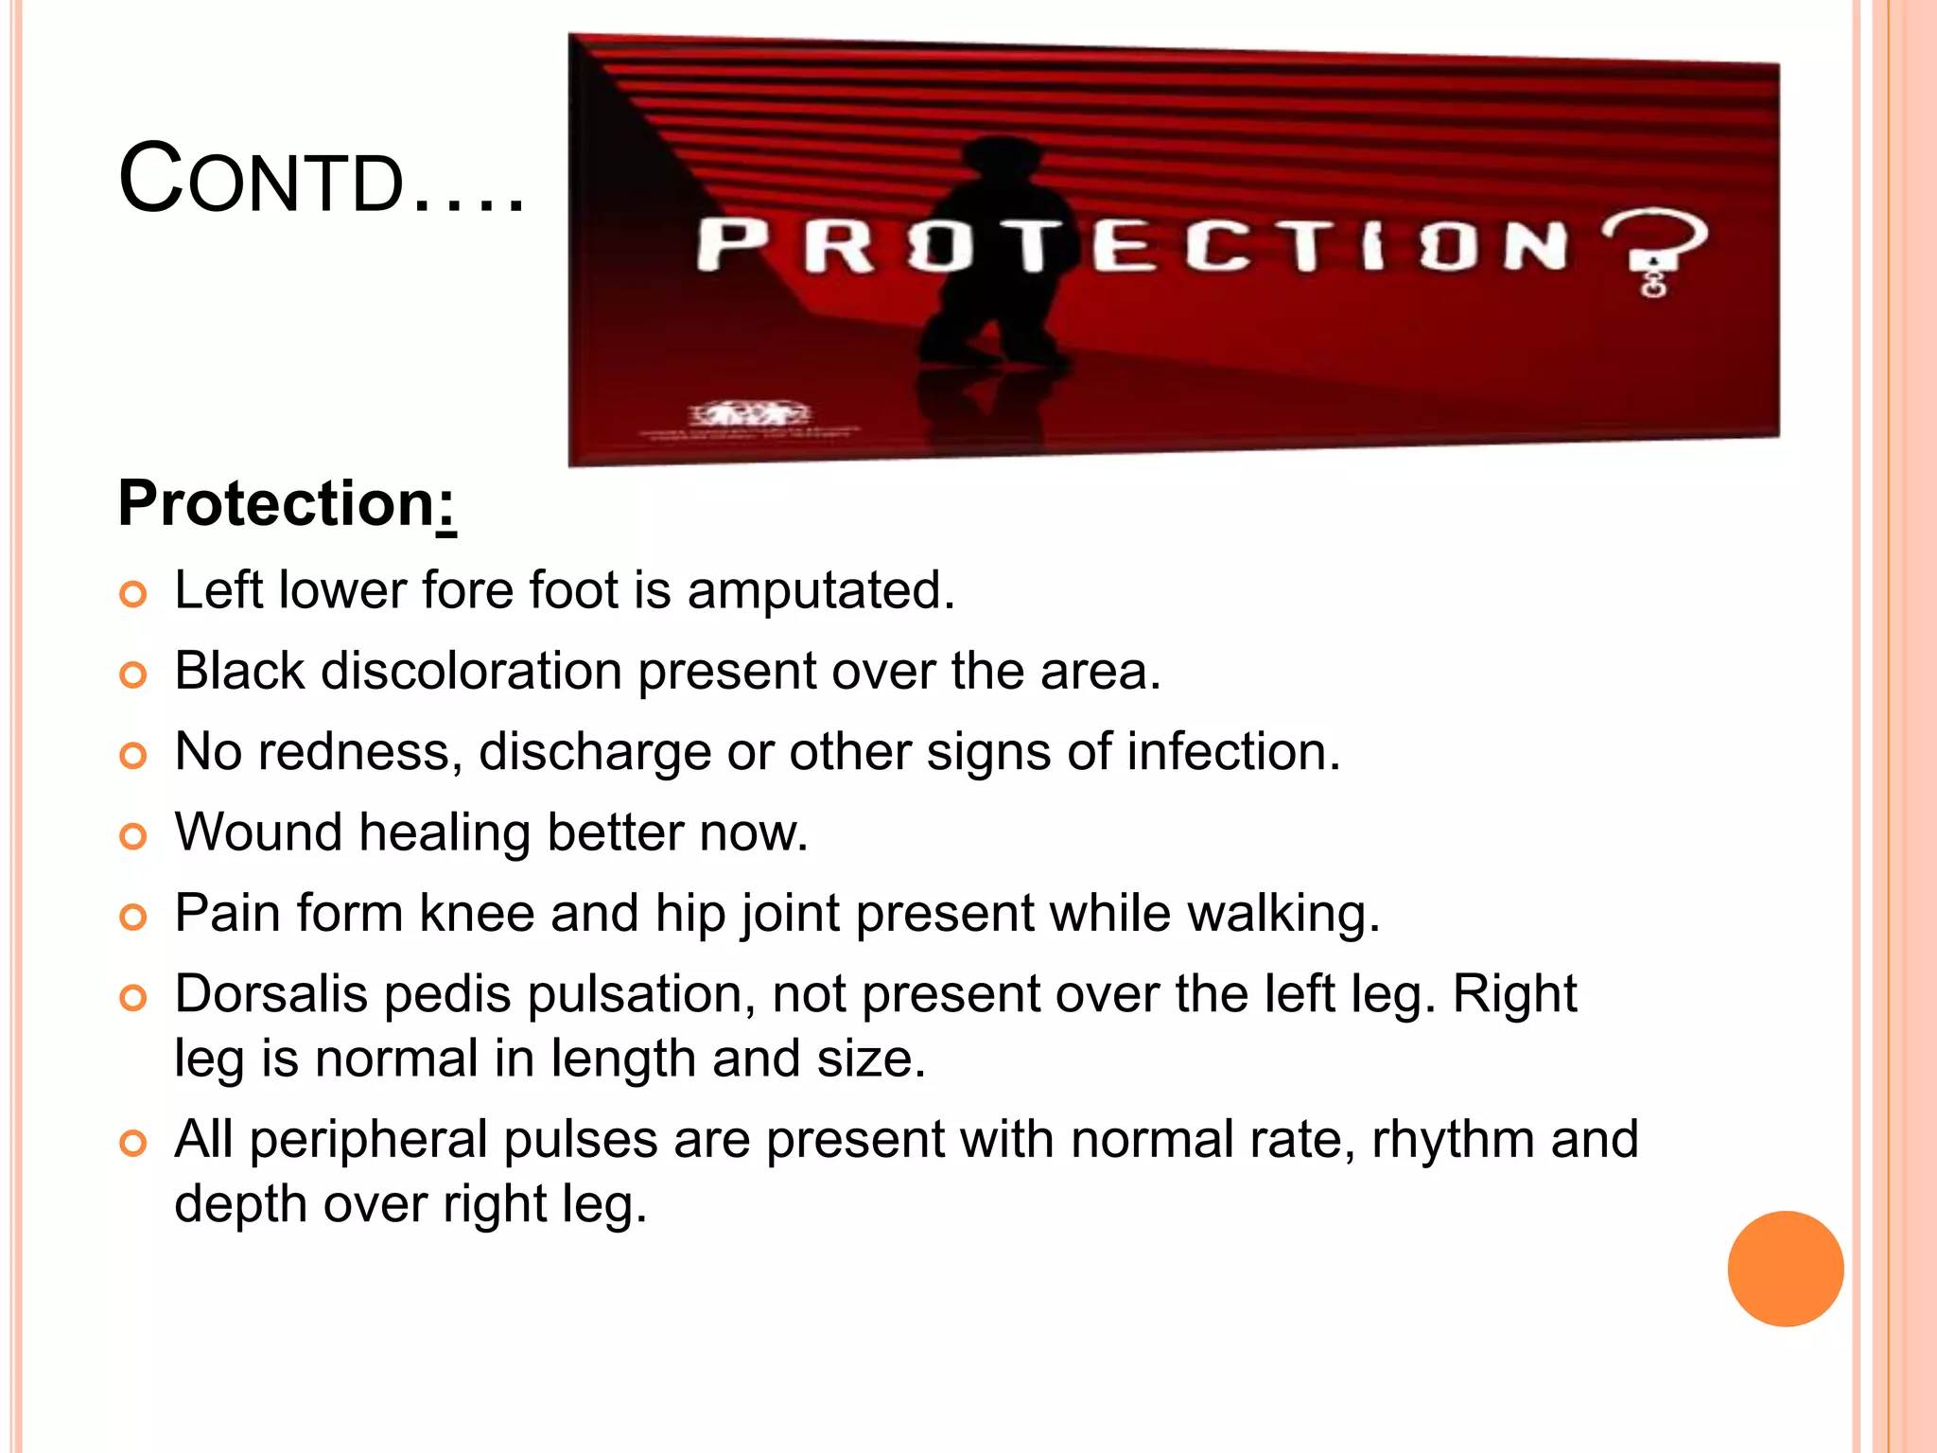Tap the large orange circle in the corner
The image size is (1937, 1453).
pos(1785,1269)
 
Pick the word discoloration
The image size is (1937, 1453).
pos(471,672)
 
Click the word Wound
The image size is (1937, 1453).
pos(258,832)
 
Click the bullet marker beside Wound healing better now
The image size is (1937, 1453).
pos(133,836)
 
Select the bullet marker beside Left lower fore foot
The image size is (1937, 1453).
pos(133,594)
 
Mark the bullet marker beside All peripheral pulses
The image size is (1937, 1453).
pos(133,1144)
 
